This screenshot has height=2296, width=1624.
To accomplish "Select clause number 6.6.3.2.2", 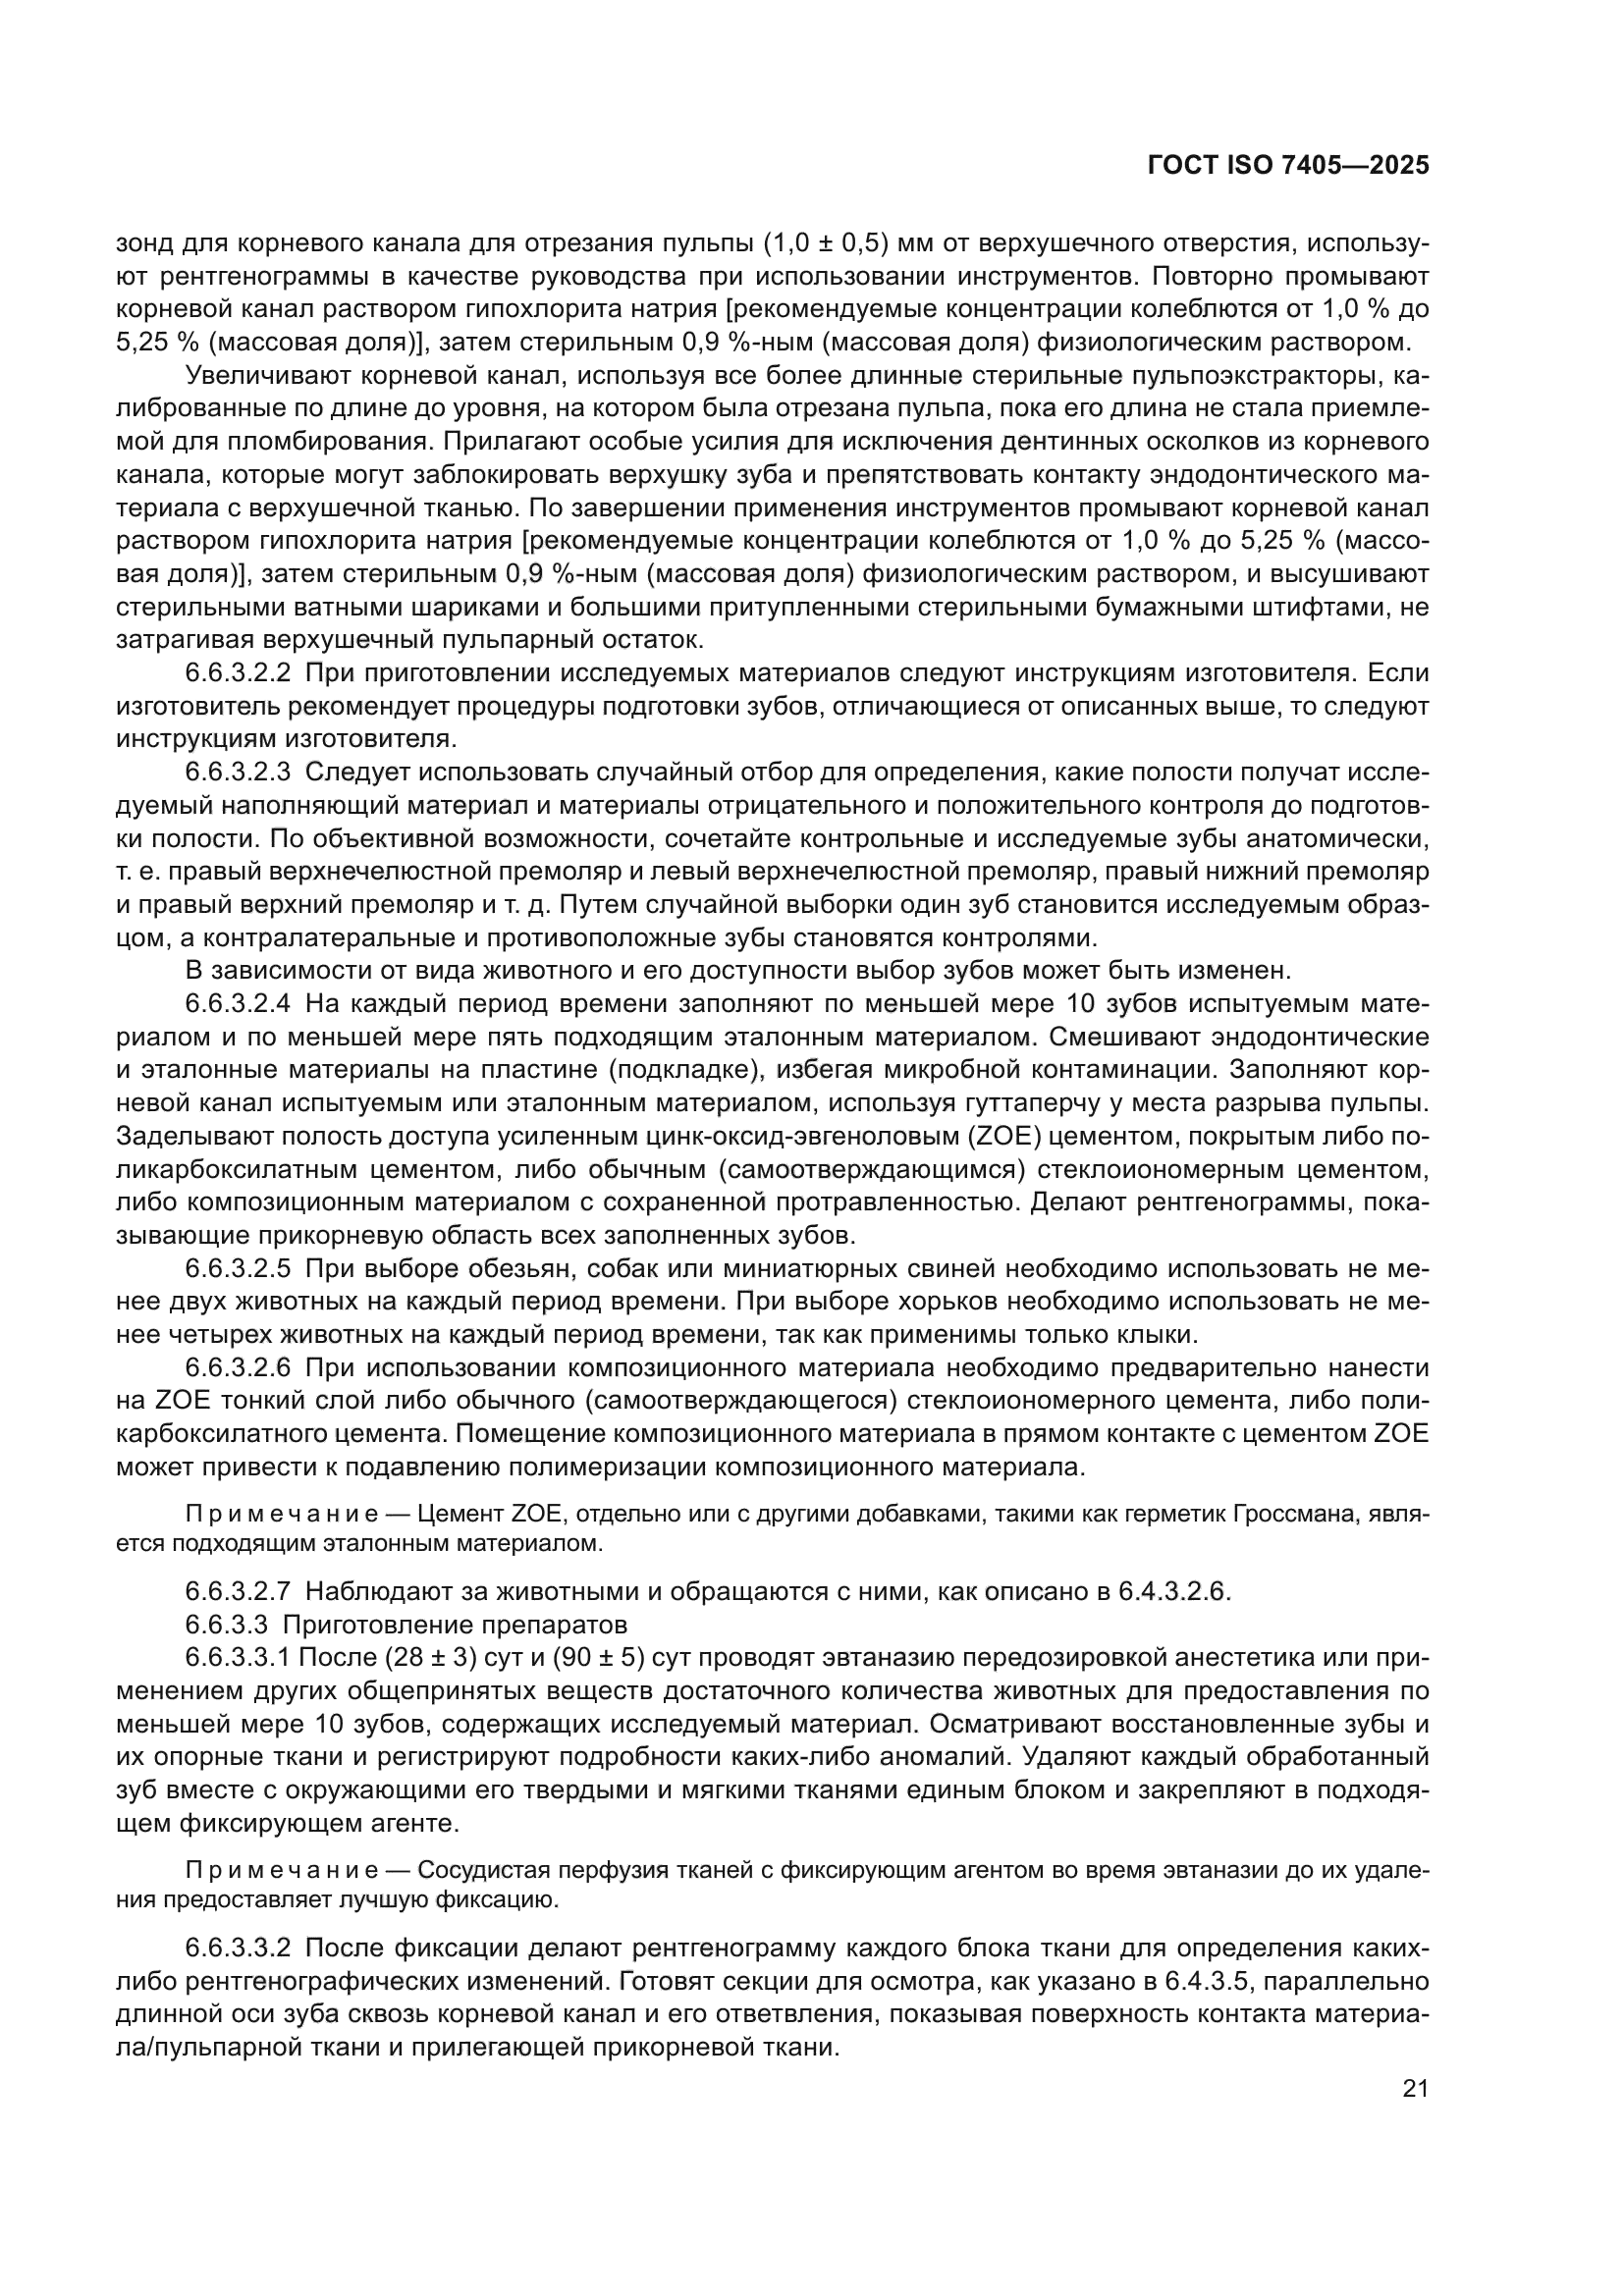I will pyautogui.click(x=238, y=673).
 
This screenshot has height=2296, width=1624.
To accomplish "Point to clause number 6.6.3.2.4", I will pyautogui.click(x=238, y=1003).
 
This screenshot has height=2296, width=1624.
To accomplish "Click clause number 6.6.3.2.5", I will pyautogui.click(x=238, y=1269).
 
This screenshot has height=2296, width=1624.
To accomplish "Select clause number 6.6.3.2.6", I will pyautogui.click(x=238, y=1368).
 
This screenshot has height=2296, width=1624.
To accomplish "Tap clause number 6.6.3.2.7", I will pyautogui.click(x=238, y=1591).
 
